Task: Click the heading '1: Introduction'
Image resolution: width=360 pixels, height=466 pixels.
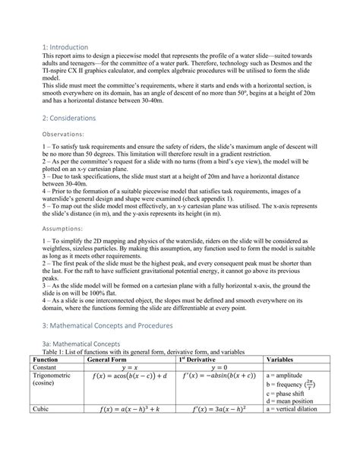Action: (66, 47)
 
